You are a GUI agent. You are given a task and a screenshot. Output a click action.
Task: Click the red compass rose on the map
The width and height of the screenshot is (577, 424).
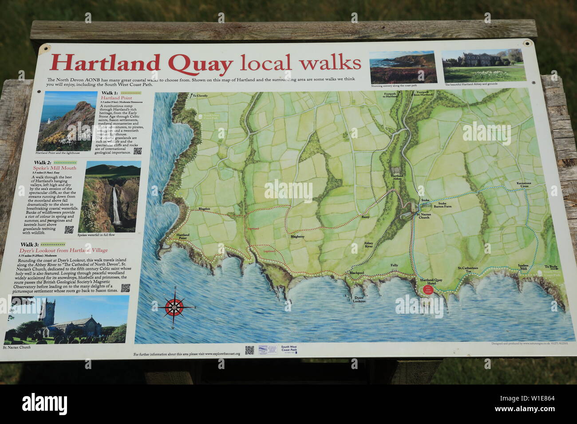point(175,307)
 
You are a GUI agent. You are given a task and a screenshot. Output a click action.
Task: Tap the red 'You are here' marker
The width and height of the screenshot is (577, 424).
point(428,289)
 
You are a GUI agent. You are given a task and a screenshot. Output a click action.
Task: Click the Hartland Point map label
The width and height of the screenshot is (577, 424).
point(183,236)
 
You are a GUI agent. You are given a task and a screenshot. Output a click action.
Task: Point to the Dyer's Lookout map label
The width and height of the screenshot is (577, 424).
point(359,299)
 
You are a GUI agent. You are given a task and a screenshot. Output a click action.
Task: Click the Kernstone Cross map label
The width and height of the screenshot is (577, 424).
point(523,185)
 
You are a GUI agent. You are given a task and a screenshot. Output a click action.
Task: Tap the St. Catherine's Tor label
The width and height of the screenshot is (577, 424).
point(468,269)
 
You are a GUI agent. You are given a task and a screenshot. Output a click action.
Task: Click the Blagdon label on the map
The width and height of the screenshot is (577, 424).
point(204,208)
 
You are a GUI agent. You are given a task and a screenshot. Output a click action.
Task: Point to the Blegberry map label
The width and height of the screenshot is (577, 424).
point(297,236)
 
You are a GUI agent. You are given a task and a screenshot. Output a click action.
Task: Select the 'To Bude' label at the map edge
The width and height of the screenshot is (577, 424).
point(551,267)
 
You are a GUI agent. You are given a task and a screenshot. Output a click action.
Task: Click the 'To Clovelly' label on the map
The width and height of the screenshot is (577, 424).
point(200,95)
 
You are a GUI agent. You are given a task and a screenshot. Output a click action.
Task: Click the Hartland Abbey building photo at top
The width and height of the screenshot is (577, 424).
point(484,66)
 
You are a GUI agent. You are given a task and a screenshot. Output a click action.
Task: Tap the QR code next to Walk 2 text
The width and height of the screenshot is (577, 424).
point(69,229)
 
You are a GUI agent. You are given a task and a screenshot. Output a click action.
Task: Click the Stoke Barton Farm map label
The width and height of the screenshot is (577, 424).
point(442,204)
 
